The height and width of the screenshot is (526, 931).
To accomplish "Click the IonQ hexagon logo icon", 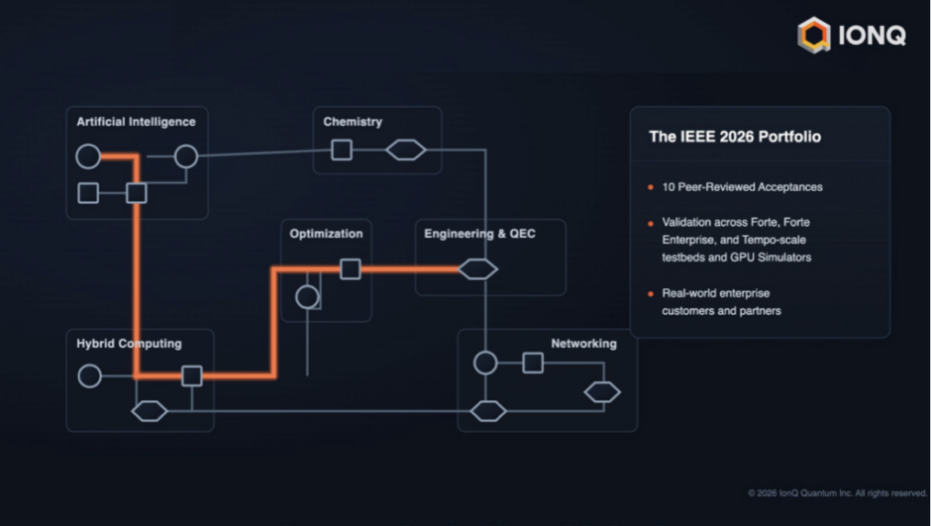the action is [814, 35].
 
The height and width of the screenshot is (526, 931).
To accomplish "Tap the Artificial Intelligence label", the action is [136, 122].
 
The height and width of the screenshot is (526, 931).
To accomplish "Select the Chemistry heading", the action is [353, 122].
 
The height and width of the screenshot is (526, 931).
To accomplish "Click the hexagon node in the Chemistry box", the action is [406, 150].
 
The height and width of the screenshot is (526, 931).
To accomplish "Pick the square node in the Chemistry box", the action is [342, 150].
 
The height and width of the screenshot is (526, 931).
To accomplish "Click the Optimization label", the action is [326, 234].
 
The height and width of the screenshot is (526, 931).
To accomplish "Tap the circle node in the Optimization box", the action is [307, 297].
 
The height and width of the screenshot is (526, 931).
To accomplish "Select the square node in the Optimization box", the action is [351, 268].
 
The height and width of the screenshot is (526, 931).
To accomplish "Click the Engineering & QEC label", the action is [479, 234].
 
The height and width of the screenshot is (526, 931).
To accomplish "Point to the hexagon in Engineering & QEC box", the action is [478, 268].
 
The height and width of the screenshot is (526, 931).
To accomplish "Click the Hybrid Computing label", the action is [129, 344].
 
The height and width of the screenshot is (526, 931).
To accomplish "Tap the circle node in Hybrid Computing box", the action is [90, 375].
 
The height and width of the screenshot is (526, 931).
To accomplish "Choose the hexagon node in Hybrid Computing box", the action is [149, 411].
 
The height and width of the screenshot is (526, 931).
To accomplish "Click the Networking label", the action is [583, 344].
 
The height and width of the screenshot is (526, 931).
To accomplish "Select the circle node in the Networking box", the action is [485, 363].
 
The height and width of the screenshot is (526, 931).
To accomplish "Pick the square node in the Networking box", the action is [533, 363].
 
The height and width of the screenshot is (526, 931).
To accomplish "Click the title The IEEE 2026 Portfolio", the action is [735, 137].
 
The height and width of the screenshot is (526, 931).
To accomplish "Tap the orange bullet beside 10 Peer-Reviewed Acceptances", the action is [651, 187].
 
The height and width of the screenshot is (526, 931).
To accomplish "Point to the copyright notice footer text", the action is [838, 493].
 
